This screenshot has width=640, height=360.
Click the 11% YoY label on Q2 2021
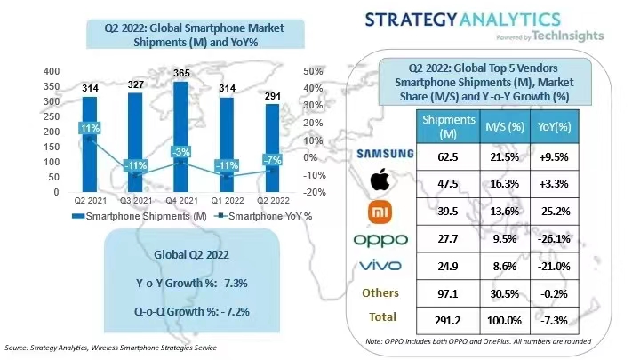[x=89, y=129]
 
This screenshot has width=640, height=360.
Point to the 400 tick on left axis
[x=27, y=71]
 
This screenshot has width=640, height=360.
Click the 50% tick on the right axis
[x=313, y=71]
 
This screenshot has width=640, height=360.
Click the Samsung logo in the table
[x=385, y=153]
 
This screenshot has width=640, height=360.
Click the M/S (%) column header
[x=500, y=127]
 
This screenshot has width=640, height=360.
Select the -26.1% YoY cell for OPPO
[x=554, y=239]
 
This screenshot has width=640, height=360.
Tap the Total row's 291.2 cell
[x=448, y=316]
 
